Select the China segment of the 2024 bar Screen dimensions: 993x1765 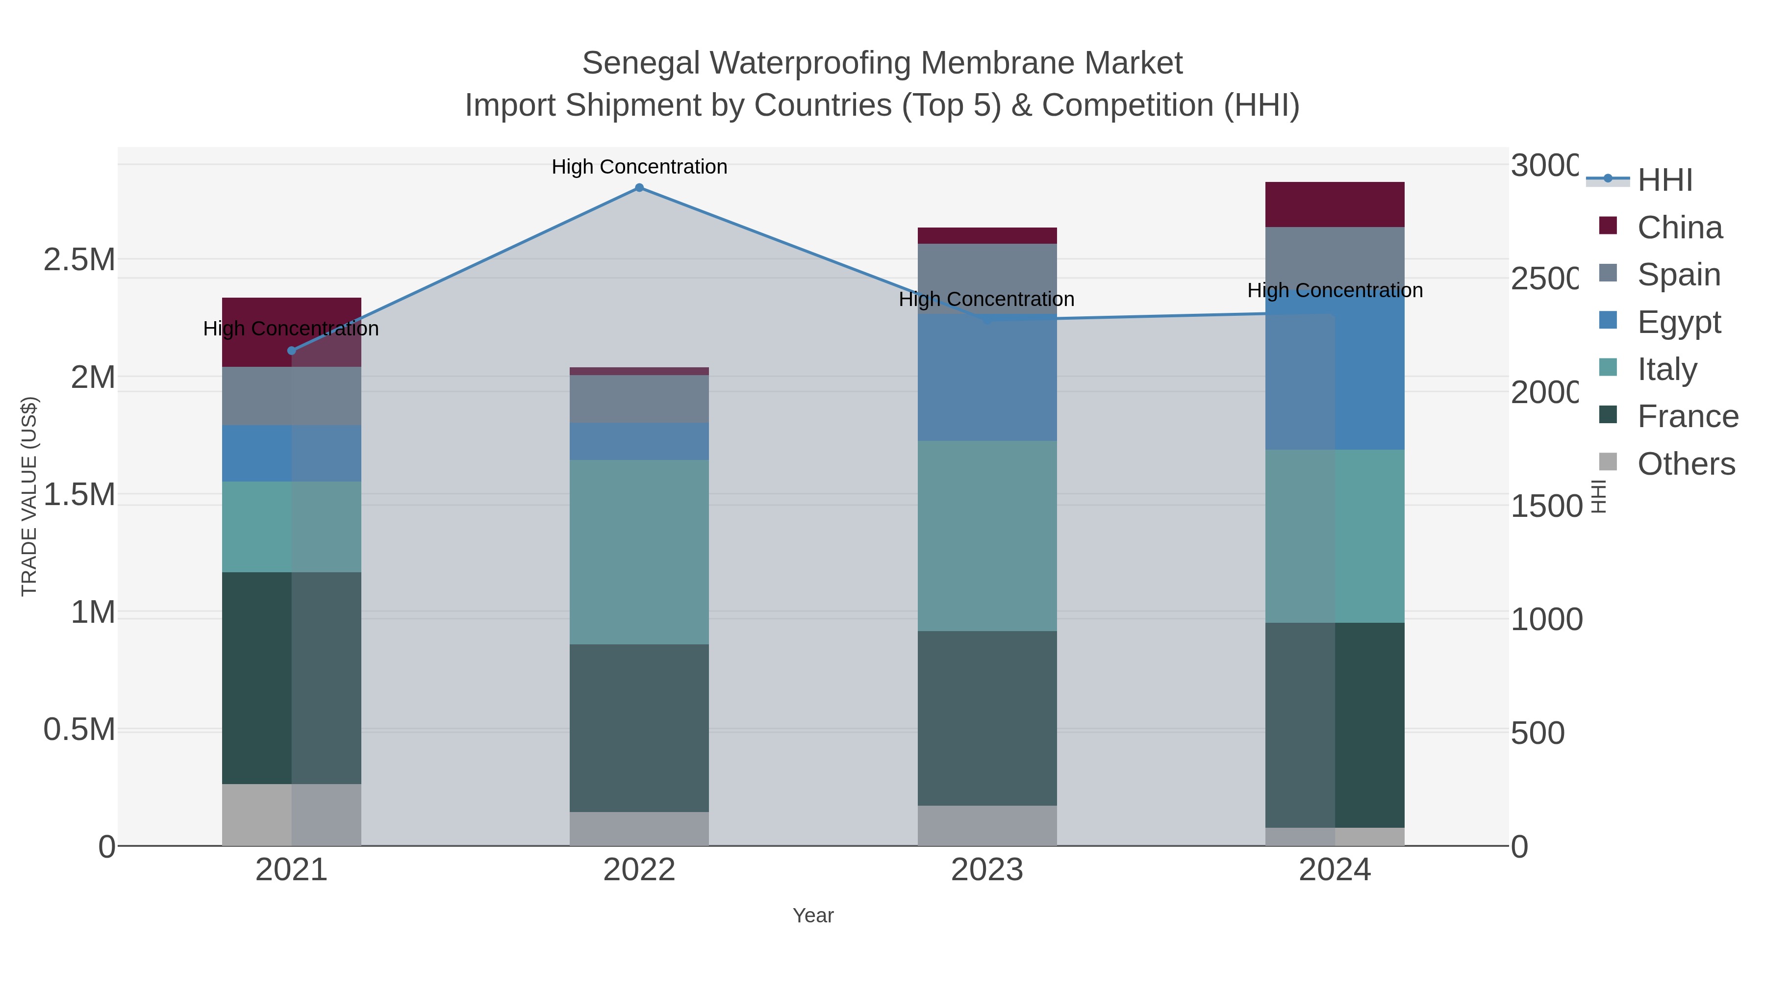[x=1334, y=204]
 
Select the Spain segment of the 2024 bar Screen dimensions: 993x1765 [x=1334, y=260]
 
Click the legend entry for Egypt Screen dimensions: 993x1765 [x=1678, y=322]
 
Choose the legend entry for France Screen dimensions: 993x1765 [x=1687, y=417]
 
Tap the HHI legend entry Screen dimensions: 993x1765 [x=1664, y=180]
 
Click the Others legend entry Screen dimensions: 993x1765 [x=1686, y=464]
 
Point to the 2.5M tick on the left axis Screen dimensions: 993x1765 [x=79, y=260]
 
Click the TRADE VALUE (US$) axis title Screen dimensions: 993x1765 [x=29, y=496]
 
